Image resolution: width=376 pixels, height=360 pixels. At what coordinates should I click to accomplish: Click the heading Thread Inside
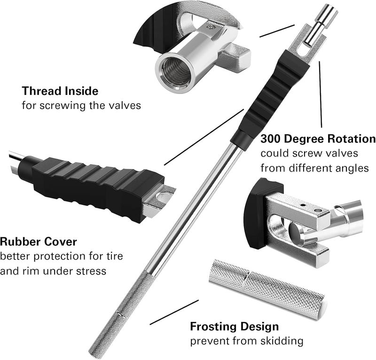pos(60,91)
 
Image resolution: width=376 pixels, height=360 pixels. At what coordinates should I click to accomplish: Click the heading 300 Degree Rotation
pos(318,139)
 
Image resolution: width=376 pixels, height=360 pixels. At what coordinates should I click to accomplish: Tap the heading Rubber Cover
pos(39,243)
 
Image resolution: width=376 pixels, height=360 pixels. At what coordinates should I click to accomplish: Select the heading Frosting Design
pos(234,326)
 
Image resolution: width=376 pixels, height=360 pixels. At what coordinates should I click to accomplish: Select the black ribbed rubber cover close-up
pos(94,181)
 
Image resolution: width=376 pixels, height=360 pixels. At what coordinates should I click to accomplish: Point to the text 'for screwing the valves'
pos(81,105)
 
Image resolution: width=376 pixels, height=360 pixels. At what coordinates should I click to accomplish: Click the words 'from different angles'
pos(314,168)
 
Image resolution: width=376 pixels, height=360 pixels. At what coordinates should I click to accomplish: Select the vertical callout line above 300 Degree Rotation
pos(321,94)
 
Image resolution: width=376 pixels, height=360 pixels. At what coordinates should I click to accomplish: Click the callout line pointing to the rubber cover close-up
pos(204,137)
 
